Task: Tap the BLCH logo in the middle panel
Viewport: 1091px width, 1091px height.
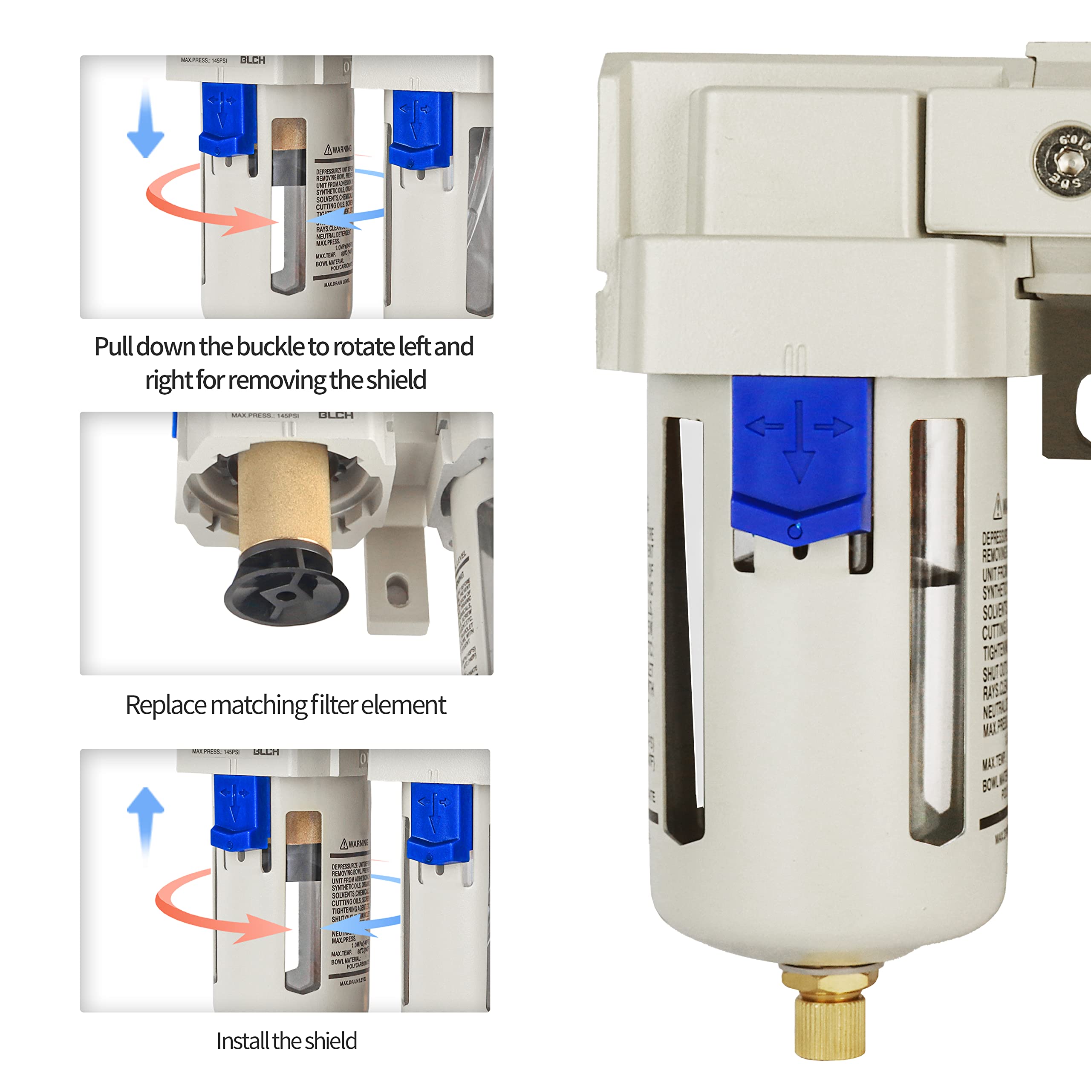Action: [336, 415]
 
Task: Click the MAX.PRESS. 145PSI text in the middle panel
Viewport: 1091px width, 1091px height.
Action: [265, 416]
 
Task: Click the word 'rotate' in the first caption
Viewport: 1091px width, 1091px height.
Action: [365, 347]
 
